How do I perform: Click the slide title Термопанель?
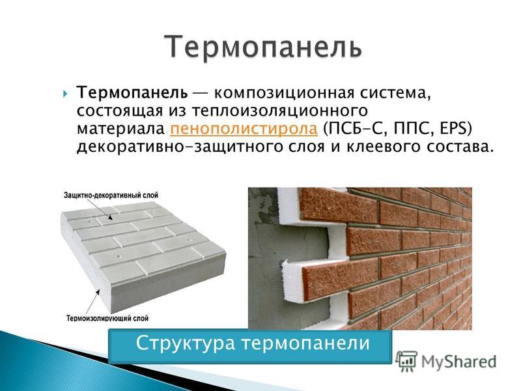[263, 46]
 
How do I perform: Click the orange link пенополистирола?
[244, 128]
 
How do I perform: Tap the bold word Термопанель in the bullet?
[132, 93]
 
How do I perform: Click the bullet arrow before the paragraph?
[65, 93]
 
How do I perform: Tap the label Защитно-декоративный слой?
[111, 195]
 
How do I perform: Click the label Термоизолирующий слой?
[107, 318]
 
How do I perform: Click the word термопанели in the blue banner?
[305, 343]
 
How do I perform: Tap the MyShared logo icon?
[406, 361]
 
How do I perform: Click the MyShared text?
[459, 361]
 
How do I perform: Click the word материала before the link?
[121, 129]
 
